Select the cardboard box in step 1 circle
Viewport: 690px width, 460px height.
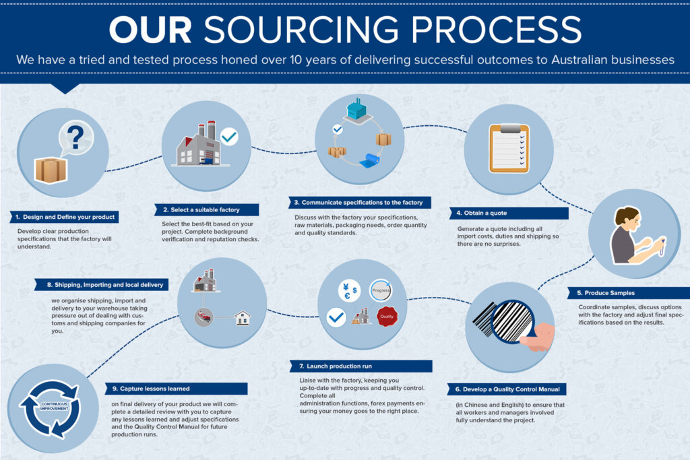pos(51,170)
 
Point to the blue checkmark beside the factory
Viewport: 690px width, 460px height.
pos(229,137)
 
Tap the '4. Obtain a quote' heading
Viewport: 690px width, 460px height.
pos(499,213)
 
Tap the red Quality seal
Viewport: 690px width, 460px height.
pos(387,317)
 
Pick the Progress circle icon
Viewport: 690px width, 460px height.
pos(381,290)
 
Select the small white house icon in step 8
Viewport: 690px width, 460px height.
pos(241,318)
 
